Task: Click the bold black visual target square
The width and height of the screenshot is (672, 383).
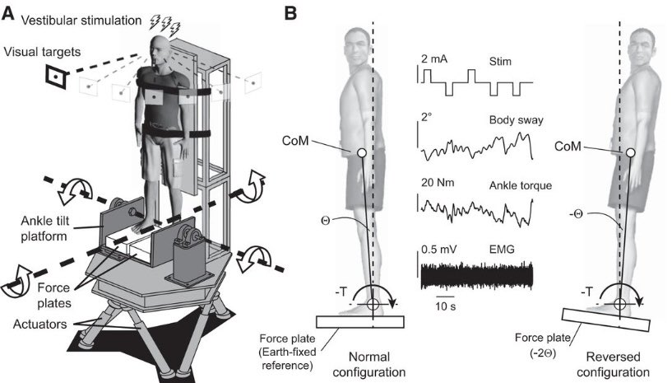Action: pyautogui.click(x=55, y=77)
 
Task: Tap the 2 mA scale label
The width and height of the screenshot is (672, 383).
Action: pyautogui.click(x=436, y=60)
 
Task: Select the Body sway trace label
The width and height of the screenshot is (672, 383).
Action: pyautogui.click(x=509, y=121)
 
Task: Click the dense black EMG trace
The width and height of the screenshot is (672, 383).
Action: pyautogui.click(x=477, y=275)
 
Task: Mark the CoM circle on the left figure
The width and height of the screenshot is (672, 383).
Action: pyautogui.click(x=362, y=153)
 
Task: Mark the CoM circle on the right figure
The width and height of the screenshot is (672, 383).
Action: pyautogui.click(x=630, y=153)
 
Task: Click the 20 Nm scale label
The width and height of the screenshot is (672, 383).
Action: pyautogui.click(x=438, y=184)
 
